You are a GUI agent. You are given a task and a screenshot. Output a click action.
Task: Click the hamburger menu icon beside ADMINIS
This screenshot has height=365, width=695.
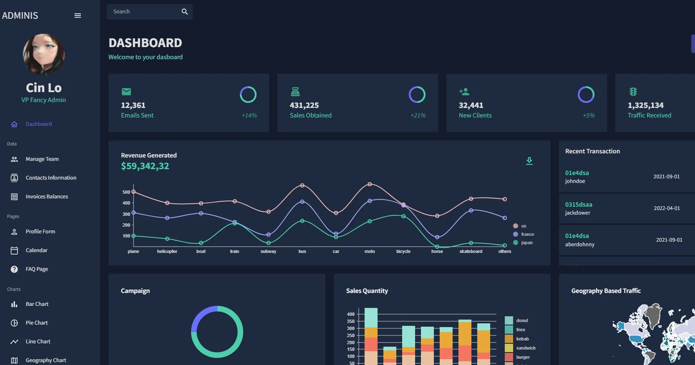pyautogui.click(x=78, y=16)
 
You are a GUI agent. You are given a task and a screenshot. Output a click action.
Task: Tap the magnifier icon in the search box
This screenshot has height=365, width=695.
pyautogui.click(x=185, y=12)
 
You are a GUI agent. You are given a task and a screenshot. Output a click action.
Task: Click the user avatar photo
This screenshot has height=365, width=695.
pyautogui.click(x=43, y=55)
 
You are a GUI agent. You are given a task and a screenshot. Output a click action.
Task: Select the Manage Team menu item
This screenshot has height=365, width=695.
pyautogui.click(x=42, y=159)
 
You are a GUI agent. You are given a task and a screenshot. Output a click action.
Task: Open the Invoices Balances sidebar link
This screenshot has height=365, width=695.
pyautogui.click(x=46, y=197)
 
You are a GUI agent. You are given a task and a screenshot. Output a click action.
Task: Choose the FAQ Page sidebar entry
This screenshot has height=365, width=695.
pyautogui.click(x=37, y=269)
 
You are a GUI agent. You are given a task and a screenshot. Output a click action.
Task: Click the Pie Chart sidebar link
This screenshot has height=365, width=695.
pyautogui.click(x=37, y=323)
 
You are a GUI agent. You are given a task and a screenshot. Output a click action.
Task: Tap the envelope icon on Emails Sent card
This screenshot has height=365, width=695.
pyautogui.click(x=126, y=92)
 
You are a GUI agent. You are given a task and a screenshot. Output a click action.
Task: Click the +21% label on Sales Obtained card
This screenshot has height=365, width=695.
pyautogui.click(x=418, y=115)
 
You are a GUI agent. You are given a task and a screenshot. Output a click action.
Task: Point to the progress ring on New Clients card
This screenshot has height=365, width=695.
pyautogui.click(x=586, y=95)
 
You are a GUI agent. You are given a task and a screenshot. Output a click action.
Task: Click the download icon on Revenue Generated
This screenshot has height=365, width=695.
pyautogui.click(x=529, y=161)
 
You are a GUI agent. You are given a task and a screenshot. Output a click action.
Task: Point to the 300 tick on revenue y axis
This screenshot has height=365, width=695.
pyautogui.click(x=126, y=214)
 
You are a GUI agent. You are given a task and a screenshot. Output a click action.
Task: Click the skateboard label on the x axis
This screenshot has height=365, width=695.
pyautogui.click(x=471, y=252)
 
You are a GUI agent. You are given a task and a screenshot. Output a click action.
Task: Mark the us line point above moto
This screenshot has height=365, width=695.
pyautogui.click(x=370, y=184)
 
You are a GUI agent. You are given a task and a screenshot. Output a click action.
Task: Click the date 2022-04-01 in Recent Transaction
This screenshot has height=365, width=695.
pyautogui.click(x=666, y=208)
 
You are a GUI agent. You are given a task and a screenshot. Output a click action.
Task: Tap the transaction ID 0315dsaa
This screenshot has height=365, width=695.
pyautogui.click(x=578, y=205)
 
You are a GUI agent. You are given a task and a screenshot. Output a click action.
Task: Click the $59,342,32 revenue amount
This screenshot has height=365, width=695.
pyautogui.click(x=145, y=166)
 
